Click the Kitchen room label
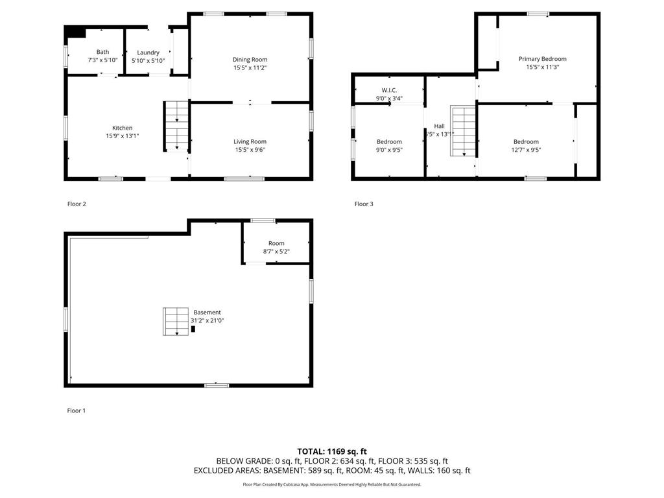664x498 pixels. point(122,128)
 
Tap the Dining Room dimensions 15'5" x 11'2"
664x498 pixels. point(250,67)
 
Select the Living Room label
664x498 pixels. point(250,141)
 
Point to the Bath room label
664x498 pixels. point(102,52)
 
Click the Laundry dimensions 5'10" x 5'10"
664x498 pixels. point(148,61)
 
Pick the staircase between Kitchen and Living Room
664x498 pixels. point(174,126)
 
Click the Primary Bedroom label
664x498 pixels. point(542,59)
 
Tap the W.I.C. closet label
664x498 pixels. point(389,90)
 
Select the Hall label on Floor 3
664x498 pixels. point(439,126)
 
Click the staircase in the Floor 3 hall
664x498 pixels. point(464,132)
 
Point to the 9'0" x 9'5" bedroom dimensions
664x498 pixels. point(389,150)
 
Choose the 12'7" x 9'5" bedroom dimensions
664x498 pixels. point(526,150)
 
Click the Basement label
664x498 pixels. point(207,312)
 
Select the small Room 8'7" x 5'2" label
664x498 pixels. point(276,243)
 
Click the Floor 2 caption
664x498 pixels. point(77,204)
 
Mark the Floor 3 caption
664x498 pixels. point(363,204)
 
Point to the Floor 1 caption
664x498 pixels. point(77,410)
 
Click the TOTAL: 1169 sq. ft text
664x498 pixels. point(332,451)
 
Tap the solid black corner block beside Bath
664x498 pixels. point(76,32)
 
